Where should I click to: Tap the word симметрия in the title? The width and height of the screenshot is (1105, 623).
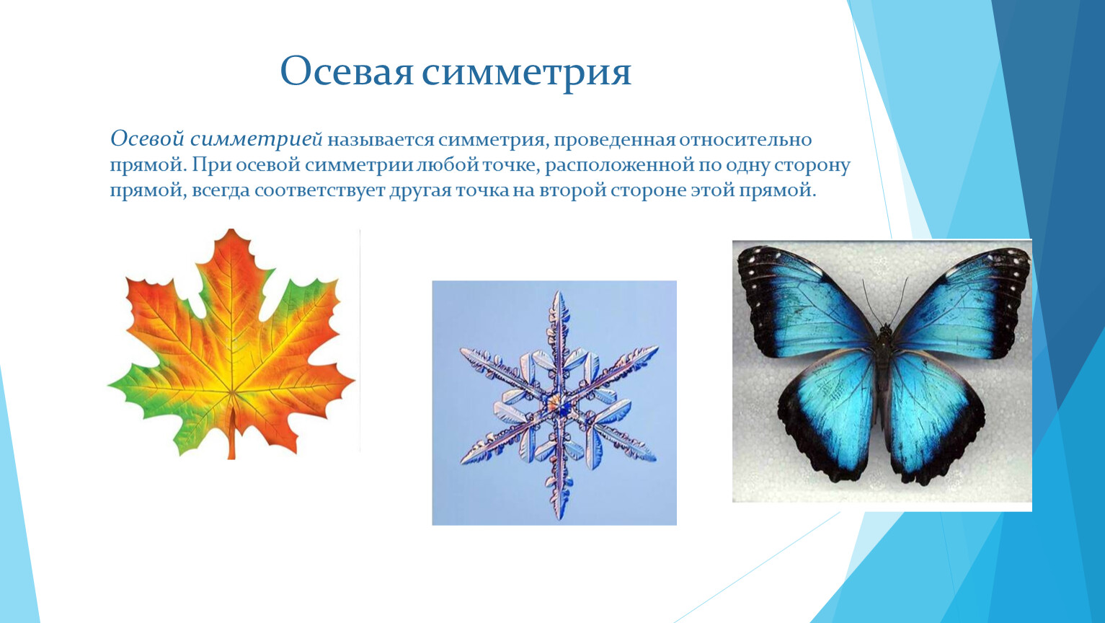pyautogui.click(x=526, y=75)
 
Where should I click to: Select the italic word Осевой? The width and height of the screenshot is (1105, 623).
pyautogui.click(x=147, y=138)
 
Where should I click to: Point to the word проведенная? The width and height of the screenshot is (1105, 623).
pyautogui.click(x=613, y=141)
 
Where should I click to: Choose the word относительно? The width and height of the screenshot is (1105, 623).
pyautogui.click(x=745, y=140)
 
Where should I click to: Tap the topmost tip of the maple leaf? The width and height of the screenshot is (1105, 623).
pyautogui.click(x=231, y=229)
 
